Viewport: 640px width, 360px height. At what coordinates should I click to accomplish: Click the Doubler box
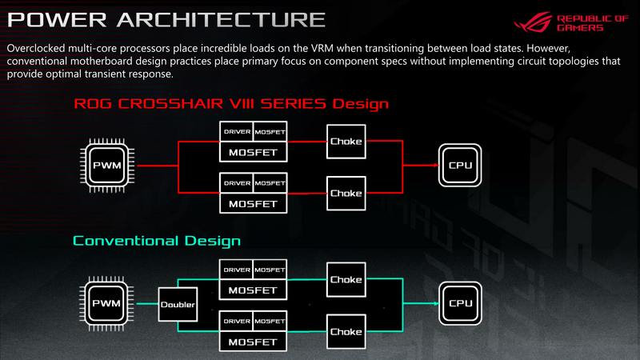(178, 305)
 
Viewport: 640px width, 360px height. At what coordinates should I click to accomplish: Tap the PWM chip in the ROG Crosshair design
(107, 166)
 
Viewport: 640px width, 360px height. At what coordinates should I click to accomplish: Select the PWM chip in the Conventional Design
(107, 303)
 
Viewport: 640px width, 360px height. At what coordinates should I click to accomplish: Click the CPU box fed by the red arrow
(460, 166)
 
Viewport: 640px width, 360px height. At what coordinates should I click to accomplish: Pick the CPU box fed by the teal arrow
(461, 303)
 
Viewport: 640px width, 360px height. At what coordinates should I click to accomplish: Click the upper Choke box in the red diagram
(346, 142)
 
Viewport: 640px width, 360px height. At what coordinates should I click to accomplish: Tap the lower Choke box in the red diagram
(346, 194)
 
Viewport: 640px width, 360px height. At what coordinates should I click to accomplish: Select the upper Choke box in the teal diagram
(346, 279)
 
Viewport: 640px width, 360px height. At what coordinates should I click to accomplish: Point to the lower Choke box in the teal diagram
(346, 331)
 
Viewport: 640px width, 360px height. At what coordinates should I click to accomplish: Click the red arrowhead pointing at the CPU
(436, 166)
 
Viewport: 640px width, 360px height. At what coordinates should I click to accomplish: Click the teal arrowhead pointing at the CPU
(436, 303)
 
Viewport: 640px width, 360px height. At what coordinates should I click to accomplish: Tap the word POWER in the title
(57, 19)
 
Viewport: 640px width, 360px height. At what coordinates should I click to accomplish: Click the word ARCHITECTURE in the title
(222, 19)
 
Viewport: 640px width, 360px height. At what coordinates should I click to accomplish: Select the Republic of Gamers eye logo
(533, 22)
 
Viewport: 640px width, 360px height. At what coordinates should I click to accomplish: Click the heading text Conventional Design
(157, 241)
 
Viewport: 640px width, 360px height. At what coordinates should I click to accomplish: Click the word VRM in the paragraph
(322, 48)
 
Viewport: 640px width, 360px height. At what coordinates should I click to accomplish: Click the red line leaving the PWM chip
(158, 166)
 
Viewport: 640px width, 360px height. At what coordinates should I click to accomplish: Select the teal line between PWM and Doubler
(147, 304)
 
